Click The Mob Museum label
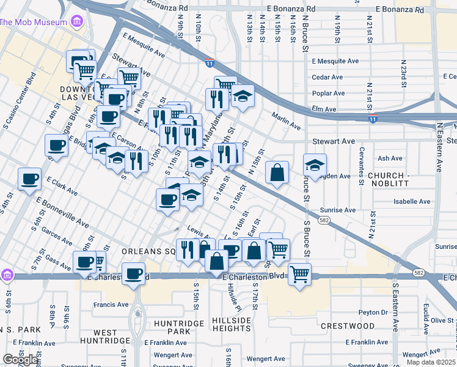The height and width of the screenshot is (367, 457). click(x=33, y=23)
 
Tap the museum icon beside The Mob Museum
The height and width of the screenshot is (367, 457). click(x=76, y=23)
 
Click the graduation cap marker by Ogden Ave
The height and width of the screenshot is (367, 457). click(x=315, y=165)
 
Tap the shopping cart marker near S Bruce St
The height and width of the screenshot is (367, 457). click(x=299, y=274)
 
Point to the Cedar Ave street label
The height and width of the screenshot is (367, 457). click(x=327, y=77)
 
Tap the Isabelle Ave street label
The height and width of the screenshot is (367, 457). click(x=412, y=201)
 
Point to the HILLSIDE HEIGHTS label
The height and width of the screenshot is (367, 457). click(x=232, y=324)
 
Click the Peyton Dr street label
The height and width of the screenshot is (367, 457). click(x=373, y=312)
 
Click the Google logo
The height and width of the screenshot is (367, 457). click(x=21, y=359)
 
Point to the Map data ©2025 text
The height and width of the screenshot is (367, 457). click(x=431, y=362)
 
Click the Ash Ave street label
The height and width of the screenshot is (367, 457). click(x=390, y=158)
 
